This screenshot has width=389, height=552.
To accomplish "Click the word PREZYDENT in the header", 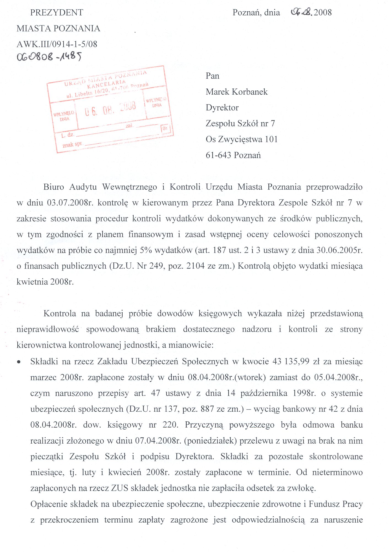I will click(56, 13).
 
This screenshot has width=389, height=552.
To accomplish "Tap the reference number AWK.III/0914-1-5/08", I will click(57, 44).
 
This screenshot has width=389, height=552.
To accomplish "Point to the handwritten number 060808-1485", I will click(49, 57).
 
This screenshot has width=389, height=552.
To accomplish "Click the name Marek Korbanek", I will click(236, 92).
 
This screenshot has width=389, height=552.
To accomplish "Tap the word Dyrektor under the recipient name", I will click(222, 108).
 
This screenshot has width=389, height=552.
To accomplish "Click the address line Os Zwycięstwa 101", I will click(241, 140).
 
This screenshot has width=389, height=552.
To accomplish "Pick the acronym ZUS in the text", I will click(120, 488).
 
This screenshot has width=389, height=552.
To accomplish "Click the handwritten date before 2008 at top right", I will click(301, 12).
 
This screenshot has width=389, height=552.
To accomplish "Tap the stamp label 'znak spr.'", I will click(72, 144).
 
